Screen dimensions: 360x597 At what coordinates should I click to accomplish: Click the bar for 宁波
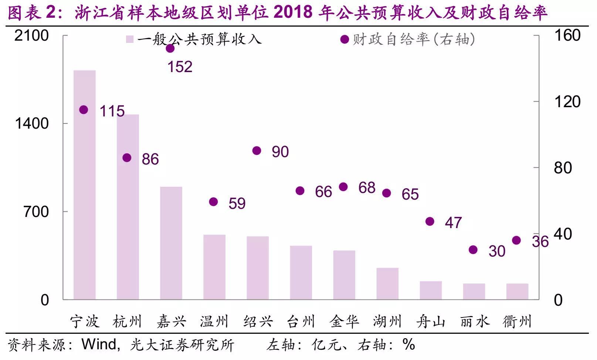click(85, 185)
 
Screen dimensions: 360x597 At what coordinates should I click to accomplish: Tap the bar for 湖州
click(387, 283)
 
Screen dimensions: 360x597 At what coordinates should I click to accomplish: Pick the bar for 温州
click(214, 267)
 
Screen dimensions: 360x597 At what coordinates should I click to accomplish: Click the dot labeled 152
click(170, 48)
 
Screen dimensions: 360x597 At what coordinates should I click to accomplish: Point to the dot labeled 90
click(257, 151)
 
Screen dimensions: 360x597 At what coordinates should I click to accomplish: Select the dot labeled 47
click(430, 221)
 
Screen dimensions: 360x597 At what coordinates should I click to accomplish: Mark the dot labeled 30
click(473, 250)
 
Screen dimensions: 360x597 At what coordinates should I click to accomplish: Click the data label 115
click(112, 111)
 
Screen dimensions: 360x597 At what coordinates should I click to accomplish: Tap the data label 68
click(367, 188)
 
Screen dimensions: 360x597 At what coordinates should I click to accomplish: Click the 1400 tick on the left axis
click(32, 123)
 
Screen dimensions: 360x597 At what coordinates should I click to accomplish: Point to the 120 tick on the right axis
click(567, 102)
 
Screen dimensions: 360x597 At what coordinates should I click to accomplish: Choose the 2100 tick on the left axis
click(32, 35)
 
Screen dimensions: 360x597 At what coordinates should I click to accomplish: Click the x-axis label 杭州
click(128, 321)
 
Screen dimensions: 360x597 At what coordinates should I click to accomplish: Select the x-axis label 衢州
click(517, 321)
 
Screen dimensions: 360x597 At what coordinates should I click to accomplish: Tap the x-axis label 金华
click(344, 321)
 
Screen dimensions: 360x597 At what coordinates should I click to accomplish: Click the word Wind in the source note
click(98, 344)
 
